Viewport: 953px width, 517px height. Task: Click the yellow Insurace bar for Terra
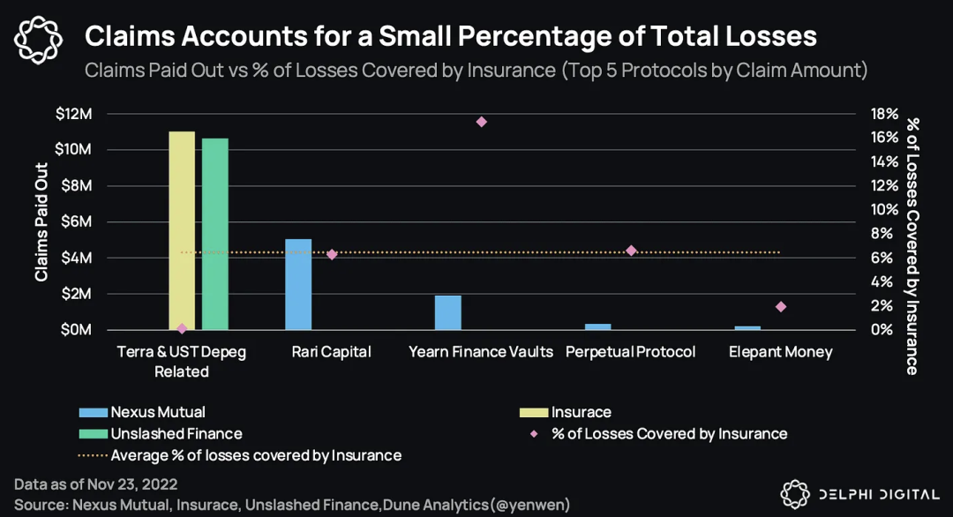point(182,230)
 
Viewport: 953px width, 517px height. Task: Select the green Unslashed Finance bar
point(215,234)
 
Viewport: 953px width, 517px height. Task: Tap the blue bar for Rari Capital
point(298,284)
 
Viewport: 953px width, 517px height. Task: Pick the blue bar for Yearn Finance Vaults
point(448,312)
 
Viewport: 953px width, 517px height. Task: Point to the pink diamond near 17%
point(481,122)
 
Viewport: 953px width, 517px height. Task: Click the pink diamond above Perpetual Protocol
point(631,251)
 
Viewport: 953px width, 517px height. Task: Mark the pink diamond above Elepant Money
point(780,307)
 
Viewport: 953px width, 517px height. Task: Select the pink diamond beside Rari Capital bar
point(332,254)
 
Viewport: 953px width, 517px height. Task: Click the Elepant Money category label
point(780,352)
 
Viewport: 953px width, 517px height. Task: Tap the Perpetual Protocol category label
point(630,352)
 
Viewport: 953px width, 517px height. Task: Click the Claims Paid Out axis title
point(41,221)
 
